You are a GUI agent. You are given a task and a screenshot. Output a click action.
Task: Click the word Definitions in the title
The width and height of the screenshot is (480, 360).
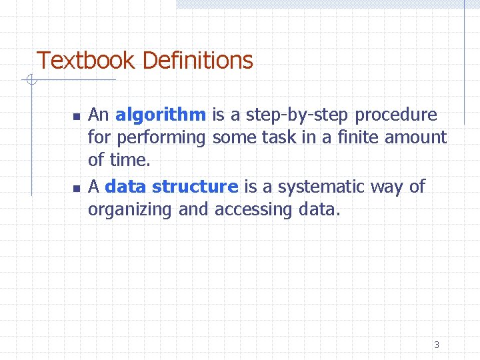tap(197, 61)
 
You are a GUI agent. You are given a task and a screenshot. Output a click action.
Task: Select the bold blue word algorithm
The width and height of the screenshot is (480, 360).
tap(160, 115)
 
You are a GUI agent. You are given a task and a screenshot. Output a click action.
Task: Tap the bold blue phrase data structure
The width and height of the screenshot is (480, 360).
tap(171, 187)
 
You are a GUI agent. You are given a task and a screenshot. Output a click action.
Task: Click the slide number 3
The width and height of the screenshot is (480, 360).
tap(437, 345)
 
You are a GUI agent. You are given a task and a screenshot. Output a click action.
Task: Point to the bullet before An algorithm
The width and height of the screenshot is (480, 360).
tap(77, 116)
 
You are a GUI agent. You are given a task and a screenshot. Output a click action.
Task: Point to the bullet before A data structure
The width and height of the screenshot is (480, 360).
tap(77, 188)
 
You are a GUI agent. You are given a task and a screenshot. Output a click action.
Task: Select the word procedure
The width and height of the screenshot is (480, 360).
tap(396, 115)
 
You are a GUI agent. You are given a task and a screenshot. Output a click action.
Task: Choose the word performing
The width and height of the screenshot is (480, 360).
tap(160, 138)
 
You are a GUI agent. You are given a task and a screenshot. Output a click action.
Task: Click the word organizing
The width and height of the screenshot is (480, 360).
tap(131, 210)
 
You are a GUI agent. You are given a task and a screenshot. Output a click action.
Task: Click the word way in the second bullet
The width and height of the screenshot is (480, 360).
tap(387, 187)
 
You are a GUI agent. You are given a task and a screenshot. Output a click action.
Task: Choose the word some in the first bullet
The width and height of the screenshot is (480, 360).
tap(232, 137)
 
